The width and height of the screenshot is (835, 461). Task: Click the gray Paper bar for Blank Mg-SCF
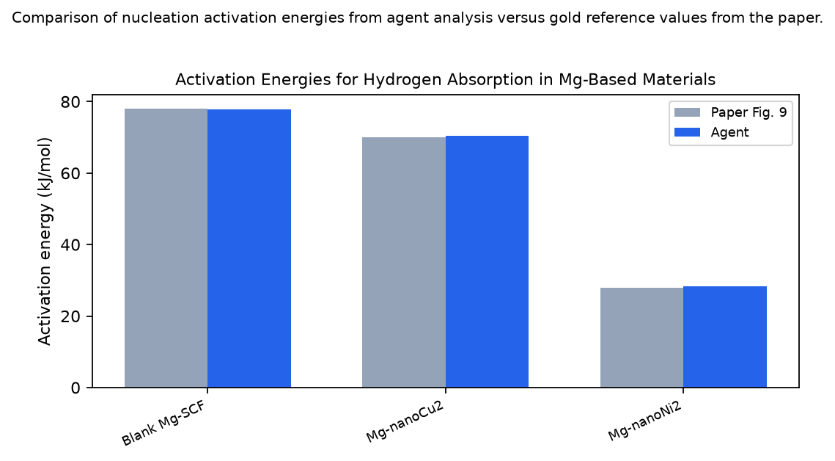166,248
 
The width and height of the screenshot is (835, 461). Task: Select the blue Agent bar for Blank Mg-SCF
249,248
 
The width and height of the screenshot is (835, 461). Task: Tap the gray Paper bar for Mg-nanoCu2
404,262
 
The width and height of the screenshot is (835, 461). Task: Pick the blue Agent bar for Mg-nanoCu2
488,261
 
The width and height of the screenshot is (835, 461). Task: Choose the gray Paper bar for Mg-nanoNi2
641,338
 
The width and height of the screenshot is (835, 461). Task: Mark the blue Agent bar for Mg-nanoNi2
725,337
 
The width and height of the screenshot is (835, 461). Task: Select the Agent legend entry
711,132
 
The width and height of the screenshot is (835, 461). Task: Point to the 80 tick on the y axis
72,102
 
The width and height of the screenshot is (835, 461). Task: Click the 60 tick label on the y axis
72,173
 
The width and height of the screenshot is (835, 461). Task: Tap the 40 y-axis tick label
72,244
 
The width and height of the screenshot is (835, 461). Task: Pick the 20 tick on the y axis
72,316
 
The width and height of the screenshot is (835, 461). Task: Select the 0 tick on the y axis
76,388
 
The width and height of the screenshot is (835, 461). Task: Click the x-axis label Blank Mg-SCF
163,424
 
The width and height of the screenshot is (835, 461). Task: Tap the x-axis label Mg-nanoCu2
405,422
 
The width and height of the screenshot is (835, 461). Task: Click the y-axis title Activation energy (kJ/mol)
45,242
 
